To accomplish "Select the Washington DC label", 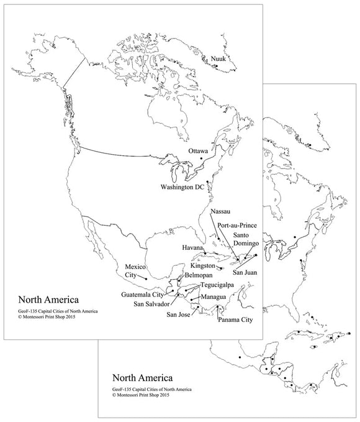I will [182, 187].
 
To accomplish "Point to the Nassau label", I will [222, 212].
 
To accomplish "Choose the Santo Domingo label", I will [246, 240].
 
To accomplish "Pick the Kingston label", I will [204, 266].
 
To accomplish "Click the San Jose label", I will [179, 314].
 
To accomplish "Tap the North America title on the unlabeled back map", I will [142, 377].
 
